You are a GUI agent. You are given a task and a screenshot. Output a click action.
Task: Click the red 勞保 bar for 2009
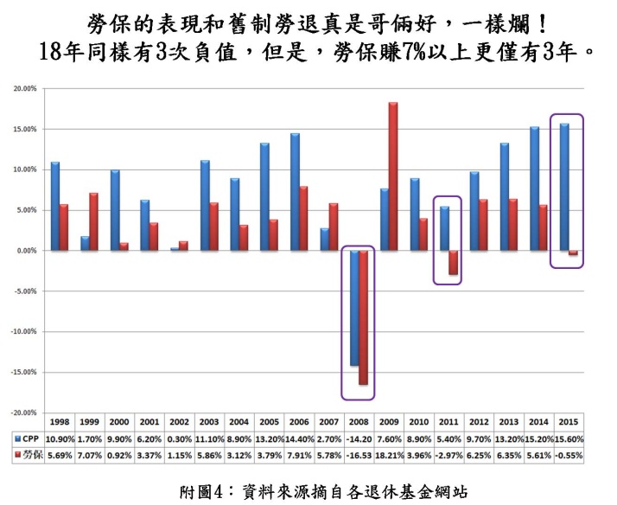coord(393,176)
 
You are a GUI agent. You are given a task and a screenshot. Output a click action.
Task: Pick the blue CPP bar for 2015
coord(564,187)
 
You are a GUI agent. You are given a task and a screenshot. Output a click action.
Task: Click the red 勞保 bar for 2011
coord(453,262)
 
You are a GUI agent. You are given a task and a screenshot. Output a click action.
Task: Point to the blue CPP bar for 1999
coord(85,243)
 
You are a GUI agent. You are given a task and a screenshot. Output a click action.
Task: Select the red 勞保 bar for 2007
coord(334,227)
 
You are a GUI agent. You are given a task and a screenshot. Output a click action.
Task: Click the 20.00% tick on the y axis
coord(25,89)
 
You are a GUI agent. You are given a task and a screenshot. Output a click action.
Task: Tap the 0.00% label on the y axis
coord(26,251)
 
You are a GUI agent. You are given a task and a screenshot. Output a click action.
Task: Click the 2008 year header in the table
coord(359,423)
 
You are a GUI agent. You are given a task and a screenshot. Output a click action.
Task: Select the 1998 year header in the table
coord(60,423)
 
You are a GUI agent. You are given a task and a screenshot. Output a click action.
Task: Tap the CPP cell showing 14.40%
coord(299,438)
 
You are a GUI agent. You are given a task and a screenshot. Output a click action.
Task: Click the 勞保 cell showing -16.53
coord(359,452)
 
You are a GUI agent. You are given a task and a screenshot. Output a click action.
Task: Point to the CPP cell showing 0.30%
coord(180,438)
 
